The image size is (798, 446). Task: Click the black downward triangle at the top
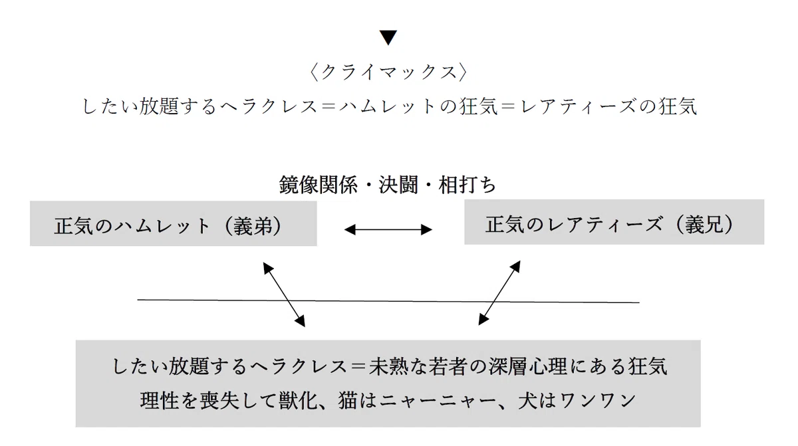tap(388, 37)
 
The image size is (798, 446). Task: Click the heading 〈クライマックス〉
tap(388, 72)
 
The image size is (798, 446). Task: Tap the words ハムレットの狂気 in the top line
tap(418, 106)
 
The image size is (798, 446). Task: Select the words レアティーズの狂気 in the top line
tap(608, 106)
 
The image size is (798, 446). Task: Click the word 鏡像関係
tap(318, 184)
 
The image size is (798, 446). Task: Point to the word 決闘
tap(398, 184)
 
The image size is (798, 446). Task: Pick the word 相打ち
tap(467, 184)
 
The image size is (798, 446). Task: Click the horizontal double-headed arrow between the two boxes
tap(388, 229)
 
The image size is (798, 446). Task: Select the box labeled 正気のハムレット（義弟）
tap(173, 223)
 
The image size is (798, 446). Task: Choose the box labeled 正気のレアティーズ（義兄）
tap(614, 222)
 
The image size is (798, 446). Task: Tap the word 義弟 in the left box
tap(253, 226)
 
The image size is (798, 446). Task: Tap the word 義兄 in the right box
tap(706, 225)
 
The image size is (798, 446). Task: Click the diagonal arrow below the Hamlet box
tap(284, 294)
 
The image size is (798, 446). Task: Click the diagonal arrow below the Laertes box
tap(499, 292)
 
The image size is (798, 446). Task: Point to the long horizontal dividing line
tap(388, 301)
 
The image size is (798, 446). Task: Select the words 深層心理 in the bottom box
tap(527, 366)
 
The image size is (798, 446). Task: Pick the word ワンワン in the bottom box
tap(598, 401)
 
